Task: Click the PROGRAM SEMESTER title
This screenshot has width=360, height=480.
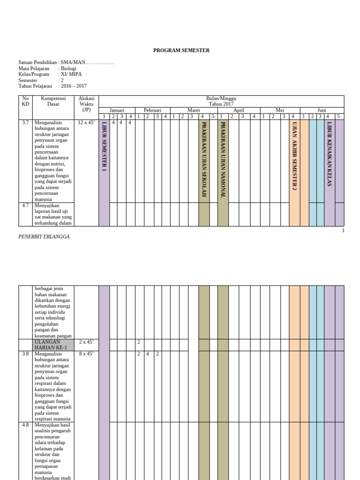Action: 181,50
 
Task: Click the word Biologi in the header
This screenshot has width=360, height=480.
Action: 68,68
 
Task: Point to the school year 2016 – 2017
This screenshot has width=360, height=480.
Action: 73,86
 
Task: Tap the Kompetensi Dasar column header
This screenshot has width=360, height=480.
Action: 53,101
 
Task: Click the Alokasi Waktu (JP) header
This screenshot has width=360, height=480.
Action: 87,104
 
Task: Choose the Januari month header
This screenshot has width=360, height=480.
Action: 117,110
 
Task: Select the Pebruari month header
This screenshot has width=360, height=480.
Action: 152,110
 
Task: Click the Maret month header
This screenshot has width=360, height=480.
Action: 194,110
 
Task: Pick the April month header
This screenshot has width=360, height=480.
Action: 239,110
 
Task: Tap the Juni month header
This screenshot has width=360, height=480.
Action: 322,110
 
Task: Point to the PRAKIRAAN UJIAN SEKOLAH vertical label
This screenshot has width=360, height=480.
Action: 204,159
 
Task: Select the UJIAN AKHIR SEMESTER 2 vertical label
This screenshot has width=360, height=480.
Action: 294,156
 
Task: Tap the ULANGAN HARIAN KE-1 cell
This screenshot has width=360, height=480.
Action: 53,345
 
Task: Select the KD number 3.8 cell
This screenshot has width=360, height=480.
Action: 25,354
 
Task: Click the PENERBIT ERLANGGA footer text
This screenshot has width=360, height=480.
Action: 44,237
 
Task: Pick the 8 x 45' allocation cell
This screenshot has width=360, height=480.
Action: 86,354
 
